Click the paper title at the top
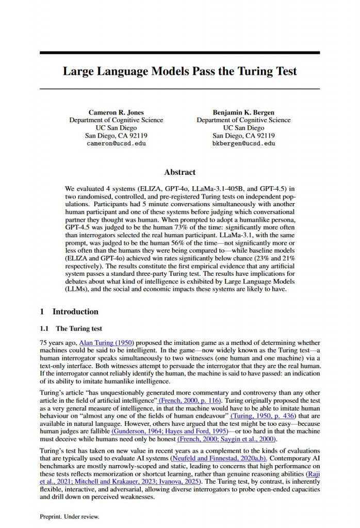point(179,71)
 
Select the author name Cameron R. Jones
point(116,112)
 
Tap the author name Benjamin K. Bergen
point(243,112)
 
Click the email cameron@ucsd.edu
point(116,143)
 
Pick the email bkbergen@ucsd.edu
point(243,143)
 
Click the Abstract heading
point(179,172)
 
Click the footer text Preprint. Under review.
point(69,516)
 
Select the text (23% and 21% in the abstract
point(267,258)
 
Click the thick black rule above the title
point(179,53)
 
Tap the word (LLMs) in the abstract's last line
point(77,289)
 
